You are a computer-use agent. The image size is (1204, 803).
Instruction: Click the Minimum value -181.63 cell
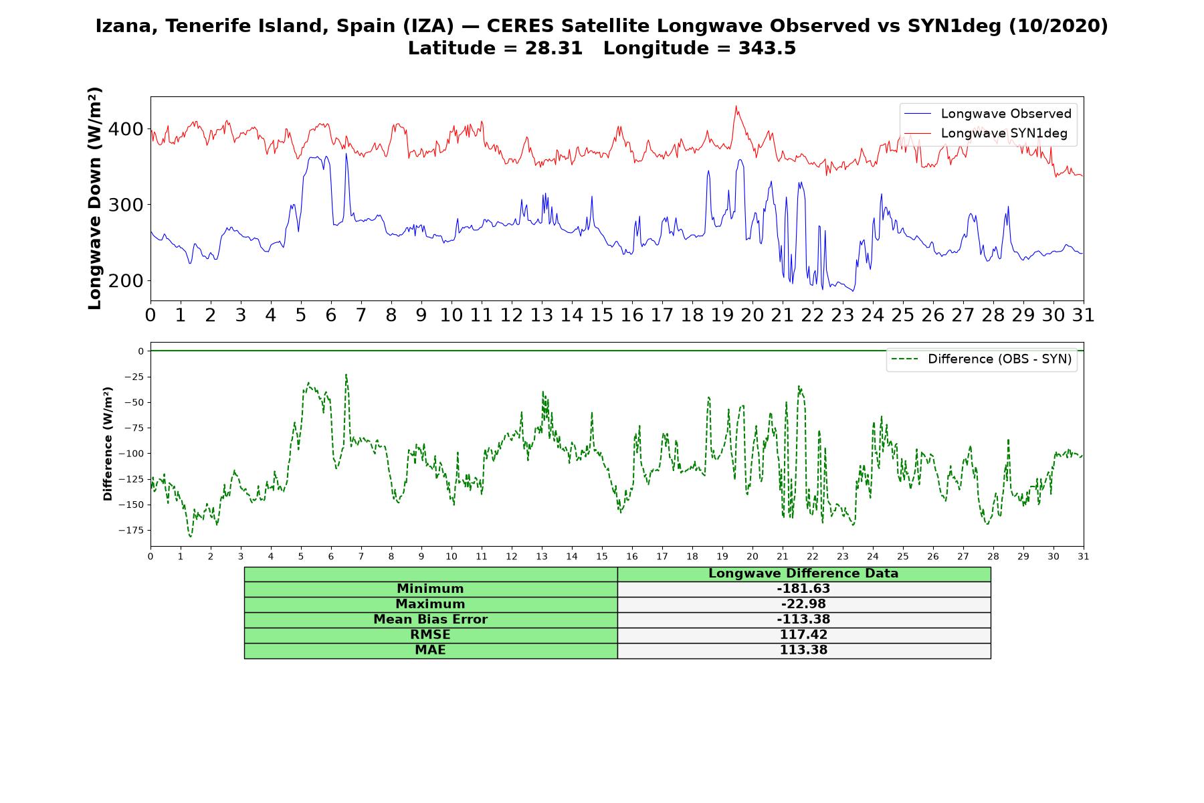(803, 589)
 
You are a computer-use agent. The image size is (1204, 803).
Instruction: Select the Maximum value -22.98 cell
(803, 604)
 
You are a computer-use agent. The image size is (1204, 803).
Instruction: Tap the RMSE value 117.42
(803, 635)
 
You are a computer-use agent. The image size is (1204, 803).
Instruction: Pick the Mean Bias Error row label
(430, 620)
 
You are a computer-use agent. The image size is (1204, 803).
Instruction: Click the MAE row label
(430, 650)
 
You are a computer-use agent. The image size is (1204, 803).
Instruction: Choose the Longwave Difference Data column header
(803, 573)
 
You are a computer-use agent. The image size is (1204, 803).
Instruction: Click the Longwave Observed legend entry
(988, 114)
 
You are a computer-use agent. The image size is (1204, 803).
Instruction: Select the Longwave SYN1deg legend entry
(986, 133)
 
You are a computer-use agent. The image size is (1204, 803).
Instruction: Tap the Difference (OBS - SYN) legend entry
(982, 359)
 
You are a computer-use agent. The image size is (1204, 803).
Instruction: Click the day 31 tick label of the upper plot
(1083, 315)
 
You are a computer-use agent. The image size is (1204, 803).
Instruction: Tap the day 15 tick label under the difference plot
(602, 556)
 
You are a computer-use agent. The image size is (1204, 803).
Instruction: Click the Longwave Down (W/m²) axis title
(94, 198)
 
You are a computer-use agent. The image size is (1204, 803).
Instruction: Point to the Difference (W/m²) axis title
(108, 444)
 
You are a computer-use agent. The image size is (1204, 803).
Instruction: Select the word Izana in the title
(127, 26)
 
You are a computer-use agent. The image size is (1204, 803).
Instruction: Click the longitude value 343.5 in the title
(767, 48)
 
